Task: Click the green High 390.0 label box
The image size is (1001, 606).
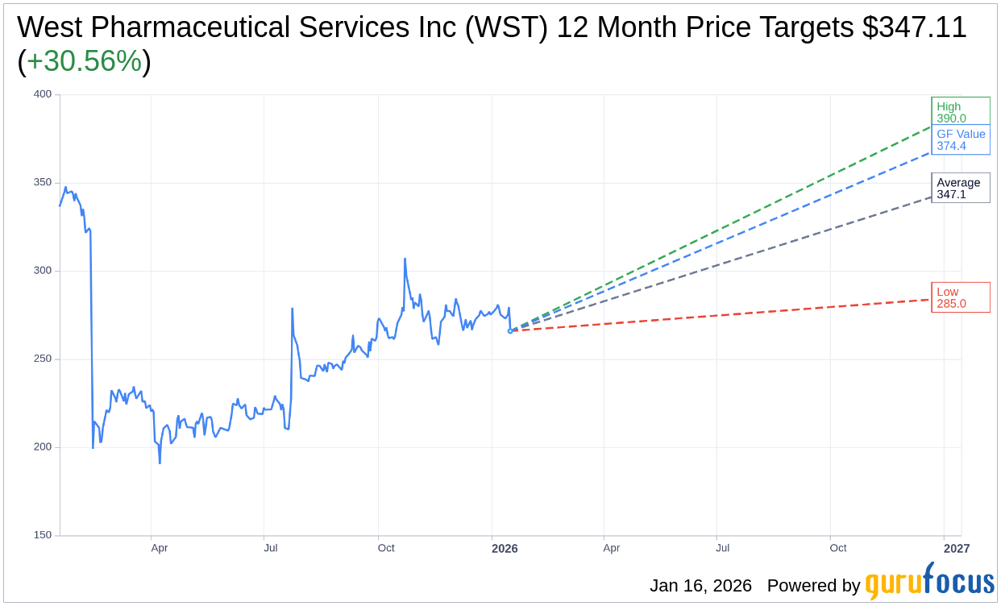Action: [960, 112]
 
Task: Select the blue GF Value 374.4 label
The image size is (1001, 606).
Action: [960, 139]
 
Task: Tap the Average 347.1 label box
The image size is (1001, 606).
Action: [960, 188]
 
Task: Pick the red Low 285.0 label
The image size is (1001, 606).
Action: [960, 297]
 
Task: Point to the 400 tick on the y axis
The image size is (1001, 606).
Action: [42, 94]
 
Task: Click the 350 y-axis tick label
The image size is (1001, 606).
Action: [42, 182]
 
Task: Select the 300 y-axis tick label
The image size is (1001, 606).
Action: [42, 271]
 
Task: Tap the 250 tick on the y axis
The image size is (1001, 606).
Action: [42, 359]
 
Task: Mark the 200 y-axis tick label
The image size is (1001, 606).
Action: [42, 447]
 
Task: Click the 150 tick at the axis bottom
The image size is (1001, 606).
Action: [42, 535]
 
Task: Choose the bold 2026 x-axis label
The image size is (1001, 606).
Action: [505, 549]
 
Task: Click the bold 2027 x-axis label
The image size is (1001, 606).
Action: [957, 549]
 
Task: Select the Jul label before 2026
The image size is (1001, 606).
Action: [271, 548]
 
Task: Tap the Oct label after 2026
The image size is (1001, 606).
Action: [838, 548]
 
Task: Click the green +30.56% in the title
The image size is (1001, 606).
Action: [84, 61]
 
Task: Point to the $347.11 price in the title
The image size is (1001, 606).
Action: [914, 27]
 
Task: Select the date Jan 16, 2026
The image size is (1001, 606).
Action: [700, 586]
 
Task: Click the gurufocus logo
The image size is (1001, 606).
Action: [929, 582]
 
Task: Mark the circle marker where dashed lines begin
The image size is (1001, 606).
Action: [510, 330]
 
